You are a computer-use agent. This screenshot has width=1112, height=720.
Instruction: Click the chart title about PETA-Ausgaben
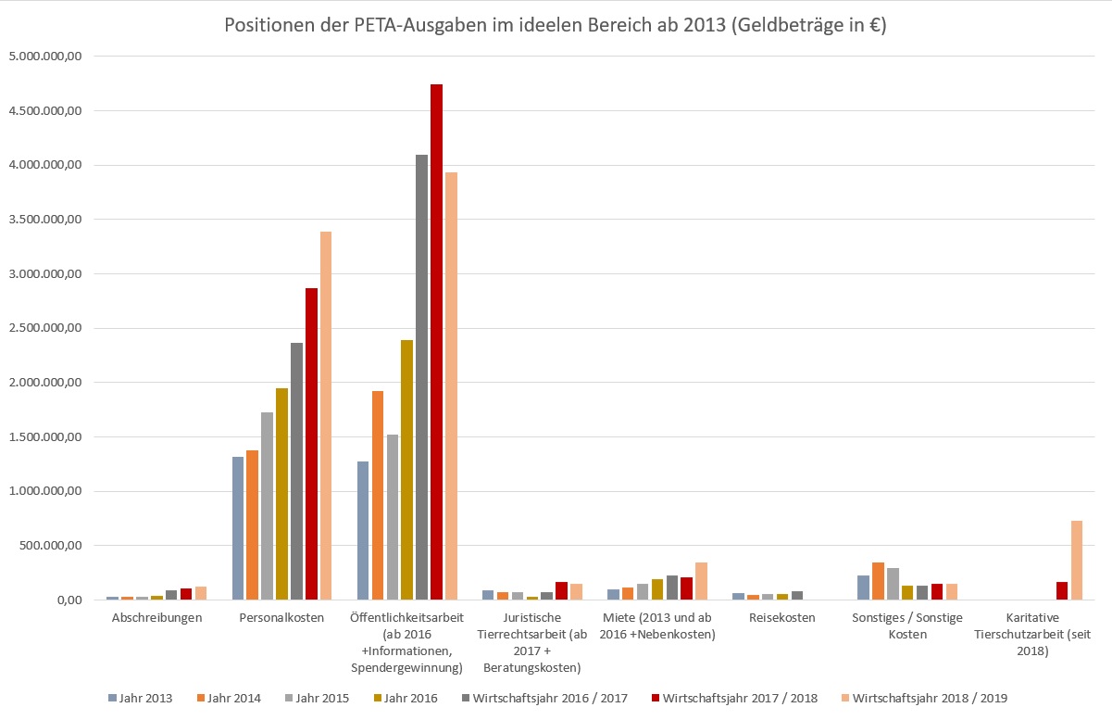556,26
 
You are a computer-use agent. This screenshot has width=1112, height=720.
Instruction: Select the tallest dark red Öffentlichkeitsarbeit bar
436,343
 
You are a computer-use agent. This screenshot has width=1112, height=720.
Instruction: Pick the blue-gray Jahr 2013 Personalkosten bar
238,528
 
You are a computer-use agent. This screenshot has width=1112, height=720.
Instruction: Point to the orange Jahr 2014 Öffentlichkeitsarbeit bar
378,496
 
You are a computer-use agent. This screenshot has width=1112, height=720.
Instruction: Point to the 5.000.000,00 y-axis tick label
45,57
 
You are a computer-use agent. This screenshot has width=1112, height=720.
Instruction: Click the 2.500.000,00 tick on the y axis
45,328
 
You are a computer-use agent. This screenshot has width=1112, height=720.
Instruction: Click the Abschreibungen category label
156,618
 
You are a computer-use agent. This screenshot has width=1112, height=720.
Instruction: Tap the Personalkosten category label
281,618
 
